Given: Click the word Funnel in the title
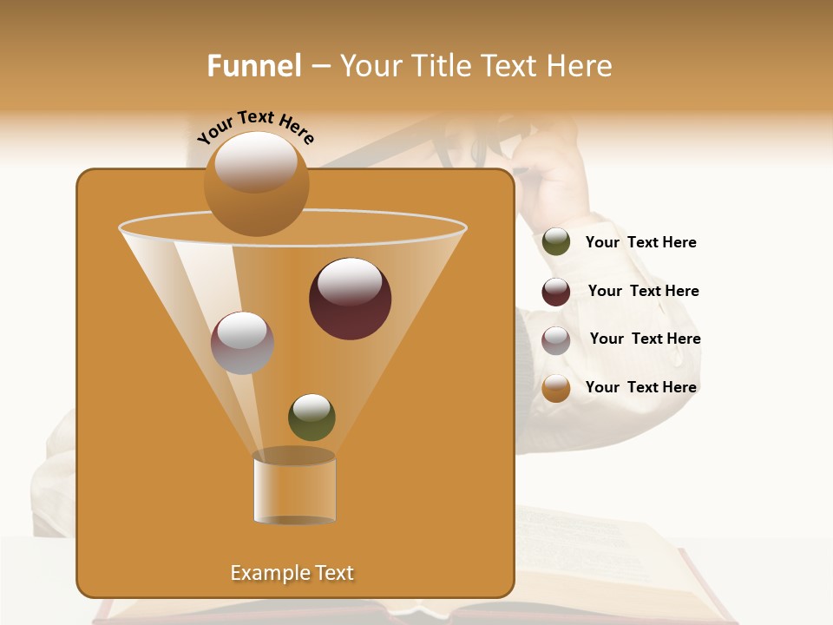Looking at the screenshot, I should pos(253,66).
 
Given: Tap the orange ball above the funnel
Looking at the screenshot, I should pos(256,183).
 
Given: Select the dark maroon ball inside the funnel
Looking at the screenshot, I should pos(350,298).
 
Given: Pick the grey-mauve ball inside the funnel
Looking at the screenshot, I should pos(242,342).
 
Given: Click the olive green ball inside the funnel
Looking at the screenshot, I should pos(312,417).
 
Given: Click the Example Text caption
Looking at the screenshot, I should pos(292,573).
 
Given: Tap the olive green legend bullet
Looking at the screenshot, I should pos(555,242).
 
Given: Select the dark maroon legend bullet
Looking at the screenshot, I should pos(555,292).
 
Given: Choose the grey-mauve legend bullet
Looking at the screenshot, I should pos(555,339).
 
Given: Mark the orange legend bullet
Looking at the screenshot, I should pos(555,388).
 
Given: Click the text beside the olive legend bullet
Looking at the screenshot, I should pos(640,242).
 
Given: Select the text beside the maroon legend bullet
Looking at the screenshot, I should pos(643,291).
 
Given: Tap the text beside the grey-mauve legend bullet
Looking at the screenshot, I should pos(645,339).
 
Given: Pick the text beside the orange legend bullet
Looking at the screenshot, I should pos(640,387).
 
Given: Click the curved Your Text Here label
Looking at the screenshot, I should pos(255,126).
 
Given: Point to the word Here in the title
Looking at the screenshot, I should pos(580,66).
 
